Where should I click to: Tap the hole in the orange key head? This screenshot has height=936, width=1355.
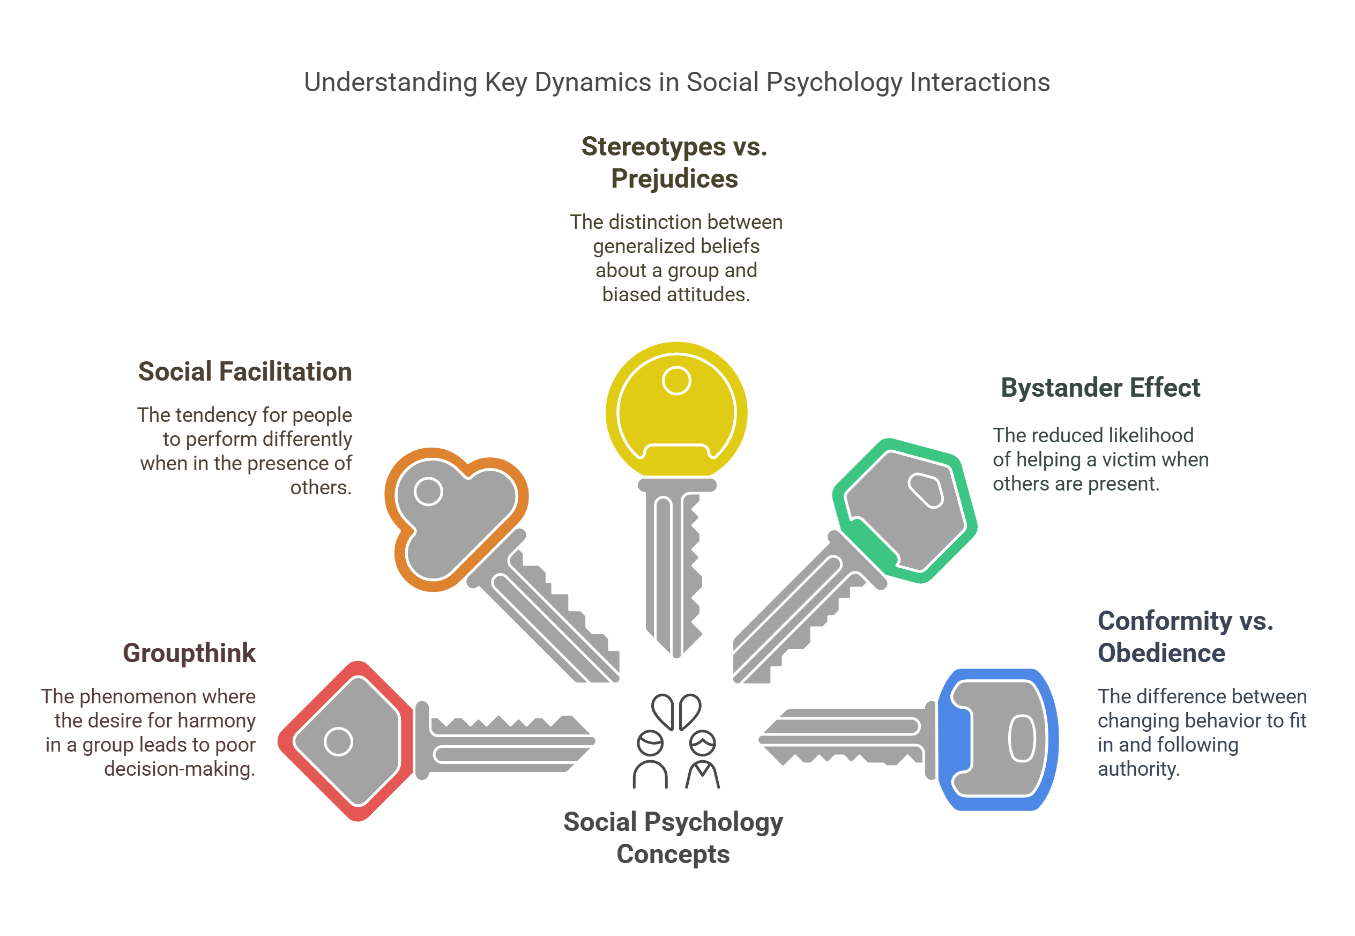[x=428, y=491]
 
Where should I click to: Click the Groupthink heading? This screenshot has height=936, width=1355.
[x=189, y=653]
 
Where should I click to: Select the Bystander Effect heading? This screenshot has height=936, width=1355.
[x=1100, y=388]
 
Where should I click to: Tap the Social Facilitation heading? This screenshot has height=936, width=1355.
[x=244, y=372]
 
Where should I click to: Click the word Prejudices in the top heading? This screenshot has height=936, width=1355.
[x=674, y=179]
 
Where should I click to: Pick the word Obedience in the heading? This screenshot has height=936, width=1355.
[x=1161, y=653]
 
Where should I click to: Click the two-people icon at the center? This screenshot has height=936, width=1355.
[x=676, y=741]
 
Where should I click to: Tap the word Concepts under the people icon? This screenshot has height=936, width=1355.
[x=673, y=854]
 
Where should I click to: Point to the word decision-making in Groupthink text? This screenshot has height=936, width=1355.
[x=180, y=768]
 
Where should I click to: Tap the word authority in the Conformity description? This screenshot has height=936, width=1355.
[x=1138, y=768]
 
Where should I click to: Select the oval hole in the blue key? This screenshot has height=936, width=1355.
[x=1022, y=738]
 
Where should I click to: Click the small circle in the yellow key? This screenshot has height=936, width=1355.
[x=676, y=381]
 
